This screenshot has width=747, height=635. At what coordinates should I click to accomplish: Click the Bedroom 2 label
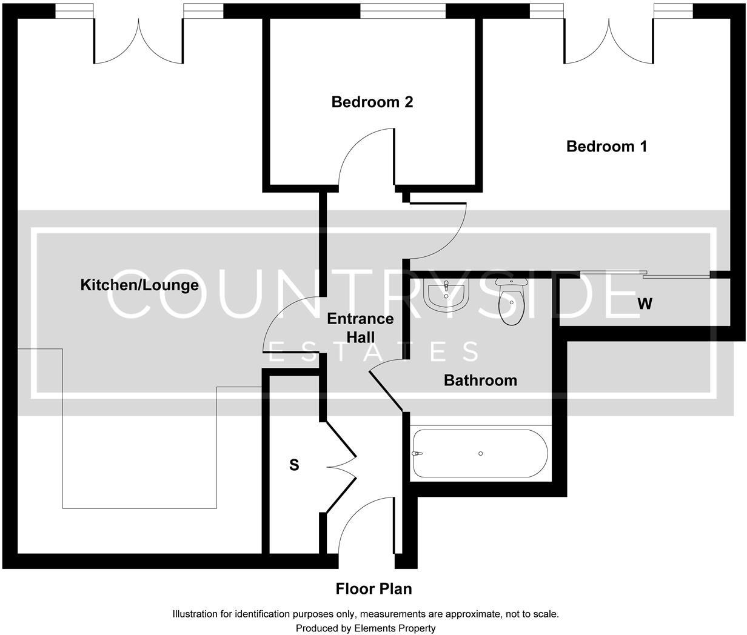372,102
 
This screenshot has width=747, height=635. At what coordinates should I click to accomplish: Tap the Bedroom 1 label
606,146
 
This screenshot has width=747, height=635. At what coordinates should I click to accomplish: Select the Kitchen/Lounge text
139,285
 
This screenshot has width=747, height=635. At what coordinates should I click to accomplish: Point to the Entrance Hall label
360,328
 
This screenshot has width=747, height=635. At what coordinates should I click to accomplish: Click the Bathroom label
480,381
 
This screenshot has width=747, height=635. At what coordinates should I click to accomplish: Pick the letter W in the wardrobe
645,304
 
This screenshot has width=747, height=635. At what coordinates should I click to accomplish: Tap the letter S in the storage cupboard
294,465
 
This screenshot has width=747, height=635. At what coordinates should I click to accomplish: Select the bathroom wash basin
446,296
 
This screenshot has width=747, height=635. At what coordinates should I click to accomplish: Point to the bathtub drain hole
480,453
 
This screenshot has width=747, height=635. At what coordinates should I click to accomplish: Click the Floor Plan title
373,588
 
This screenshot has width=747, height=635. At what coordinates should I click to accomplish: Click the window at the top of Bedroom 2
403,10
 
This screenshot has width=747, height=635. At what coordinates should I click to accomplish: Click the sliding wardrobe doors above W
645,275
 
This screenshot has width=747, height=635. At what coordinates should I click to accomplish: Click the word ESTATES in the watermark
373,352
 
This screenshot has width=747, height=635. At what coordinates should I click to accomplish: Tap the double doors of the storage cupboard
341,467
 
